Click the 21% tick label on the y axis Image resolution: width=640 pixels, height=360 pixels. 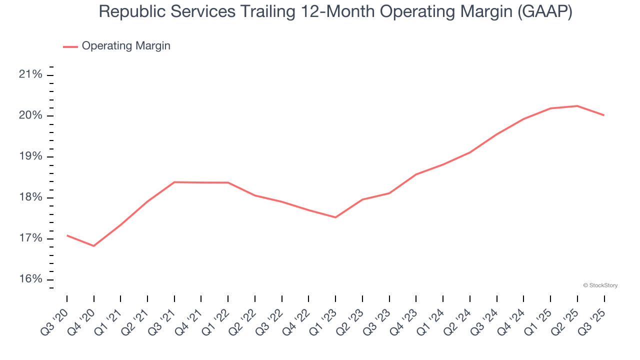tap(30, 75)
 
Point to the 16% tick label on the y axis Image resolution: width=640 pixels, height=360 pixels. tap(30, 279)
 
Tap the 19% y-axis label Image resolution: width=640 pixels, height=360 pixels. tap(30, 156)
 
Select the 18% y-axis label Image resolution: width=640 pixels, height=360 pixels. tap(30, 197)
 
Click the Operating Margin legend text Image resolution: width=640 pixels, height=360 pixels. tap(126, 46)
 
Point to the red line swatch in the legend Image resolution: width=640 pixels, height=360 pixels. tap(70, 46)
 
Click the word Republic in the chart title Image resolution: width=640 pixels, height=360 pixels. tap(129, 11)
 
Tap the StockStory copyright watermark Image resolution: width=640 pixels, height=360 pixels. tap(600, 285)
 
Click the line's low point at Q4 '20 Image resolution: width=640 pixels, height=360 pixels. tap(93, 246)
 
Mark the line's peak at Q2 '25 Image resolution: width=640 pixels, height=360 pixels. tap(577, 106)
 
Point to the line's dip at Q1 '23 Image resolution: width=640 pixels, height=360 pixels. tap(335, 217)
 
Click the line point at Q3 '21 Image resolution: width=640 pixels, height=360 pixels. tap(174, 182)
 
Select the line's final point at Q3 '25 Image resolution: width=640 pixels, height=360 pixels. tap(604, 115)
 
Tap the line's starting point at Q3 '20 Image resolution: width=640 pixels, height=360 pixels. tap(67, 235)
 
